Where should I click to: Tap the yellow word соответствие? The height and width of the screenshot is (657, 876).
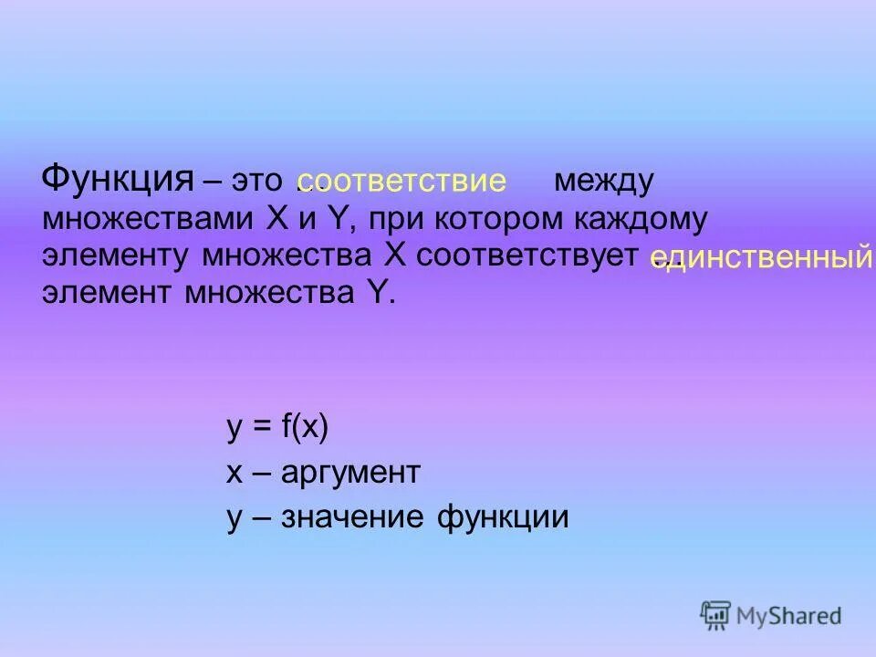click(x=401, y=181)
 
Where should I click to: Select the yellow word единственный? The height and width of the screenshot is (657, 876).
click(x=761, y=259)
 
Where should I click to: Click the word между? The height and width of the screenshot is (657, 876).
click(x=603, y=181)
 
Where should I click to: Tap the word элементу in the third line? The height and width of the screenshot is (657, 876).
click(x=117, y=257)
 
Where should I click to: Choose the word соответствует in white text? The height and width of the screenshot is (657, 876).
click(x=525, y=256)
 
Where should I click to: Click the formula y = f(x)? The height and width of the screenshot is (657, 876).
click(x=276, y=427)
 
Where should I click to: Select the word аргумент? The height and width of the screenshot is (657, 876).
click(x=350, y=473)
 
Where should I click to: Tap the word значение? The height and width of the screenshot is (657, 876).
click(x=353, y=517)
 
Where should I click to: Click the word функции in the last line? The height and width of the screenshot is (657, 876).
click(x=503, y=517)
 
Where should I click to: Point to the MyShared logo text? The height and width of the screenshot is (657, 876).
click(x=789, y=616)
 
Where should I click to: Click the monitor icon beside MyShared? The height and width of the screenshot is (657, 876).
click(x=716, y=614)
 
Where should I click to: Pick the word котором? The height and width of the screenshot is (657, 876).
click(x=497, y=220)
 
